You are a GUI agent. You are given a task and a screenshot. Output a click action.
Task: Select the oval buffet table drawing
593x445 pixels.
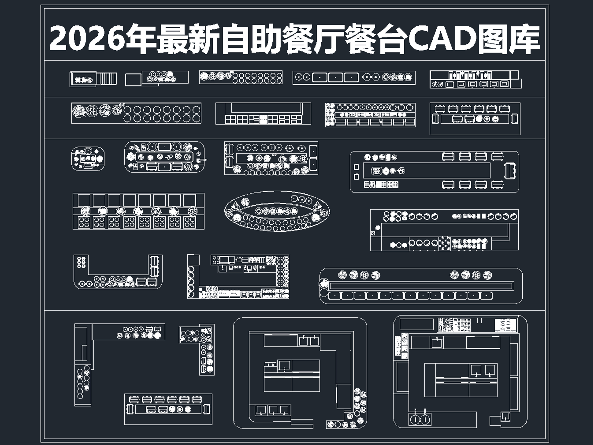coord(277,211)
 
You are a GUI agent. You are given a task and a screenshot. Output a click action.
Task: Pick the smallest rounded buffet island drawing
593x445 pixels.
coord(88,158)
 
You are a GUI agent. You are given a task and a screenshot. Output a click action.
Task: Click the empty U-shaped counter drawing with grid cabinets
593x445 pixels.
coord(263,113)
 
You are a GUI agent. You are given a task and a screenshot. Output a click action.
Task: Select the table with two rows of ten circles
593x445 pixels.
coord(136,113)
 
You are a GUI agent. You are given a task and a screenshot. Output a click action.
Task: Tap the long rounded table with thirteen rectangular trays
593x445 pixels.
coord(421,286)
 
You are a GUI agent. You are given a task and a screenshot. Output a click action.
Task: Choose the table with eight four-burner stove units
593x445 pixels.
coord(138,211)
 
